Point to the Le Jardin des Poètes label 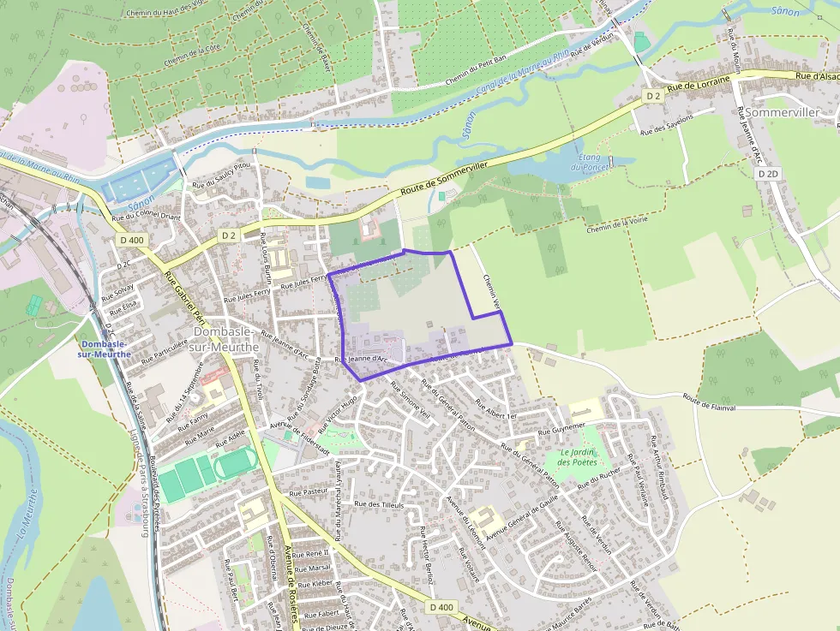point(576,457)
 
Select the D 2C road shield point(121,264)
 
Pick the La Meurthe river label point(26,521)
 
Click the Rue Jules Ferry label point(247,296)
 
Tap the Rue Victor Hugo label point(337,414)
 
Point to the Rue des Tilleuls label point(377,504)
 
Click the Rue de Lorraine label point(698,83)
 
